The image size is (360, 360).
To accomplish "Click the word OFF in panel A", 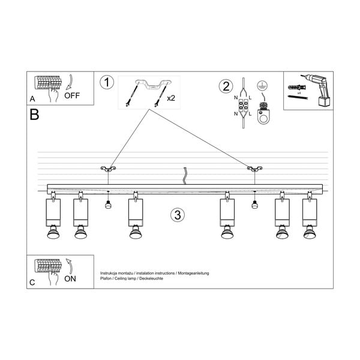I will click(x=72, y=95).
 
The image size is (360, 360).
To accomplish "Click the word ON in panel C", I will click(x=70, y=278).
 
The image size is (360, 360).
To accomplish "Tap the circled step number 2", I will click(x=226, y=86).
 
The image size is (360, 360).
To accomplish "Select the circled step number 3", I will click(x=176, y=215).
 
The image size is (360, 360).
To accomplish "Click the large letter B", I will click(x=34, y=114).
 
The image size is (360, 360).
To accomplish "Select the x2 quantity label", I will click(x=170, y=98).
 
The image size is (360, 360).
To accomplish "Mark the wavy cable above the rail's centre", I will click(x=185, y=175).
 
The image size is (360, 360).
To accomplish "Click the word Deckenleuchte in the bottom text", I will click(x=149, y=278).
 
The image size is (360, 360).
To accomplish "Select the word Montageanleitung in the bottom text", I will click(x=191, y=272).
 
